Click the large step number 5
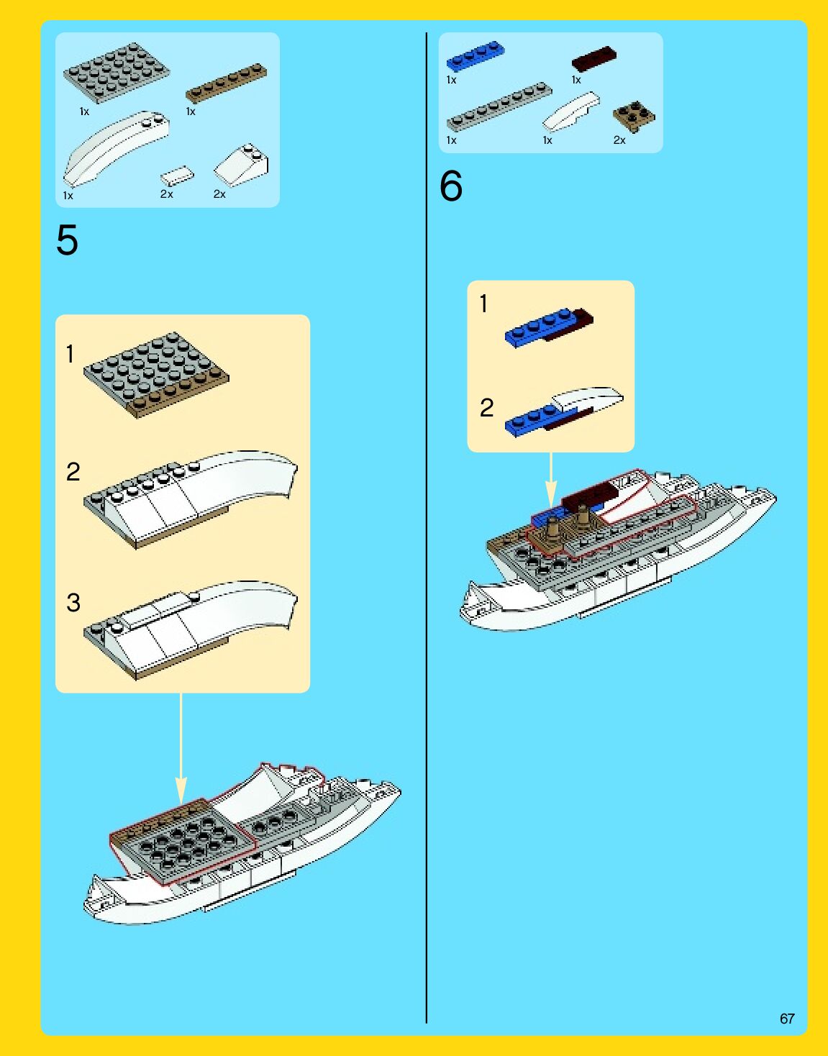[x=67, y=240]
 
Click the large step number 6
[x=451, y=186]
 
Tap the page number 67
[x=787, y=1019]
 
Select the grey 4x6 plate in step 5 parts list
[x=117, y=73]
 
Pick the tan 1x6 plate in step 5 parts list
[x=227, y=83]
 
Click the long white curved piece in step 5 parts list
[x=117, y=148]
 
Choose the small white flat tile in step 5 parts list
[x=178, y=176]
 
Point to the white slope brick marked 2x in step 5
[x=242, y=165]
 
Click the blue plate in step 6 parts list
[x=476, y=56]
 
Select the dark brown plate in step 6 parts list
[x=593, y=59]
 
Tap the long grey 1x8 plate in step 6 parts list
[x=499, y=107]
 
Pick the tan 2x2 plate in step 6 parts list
[x=634, y=117]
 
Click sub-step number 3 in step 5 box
[x=73, y=603]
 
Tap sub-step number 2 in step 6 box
[x=486, y=408]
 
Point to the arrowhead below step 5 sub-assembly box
[x=181, y=791]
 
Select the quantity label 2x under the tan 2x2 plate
[x=619, y=140]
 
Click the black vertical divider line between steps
[x=427, y=528]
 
